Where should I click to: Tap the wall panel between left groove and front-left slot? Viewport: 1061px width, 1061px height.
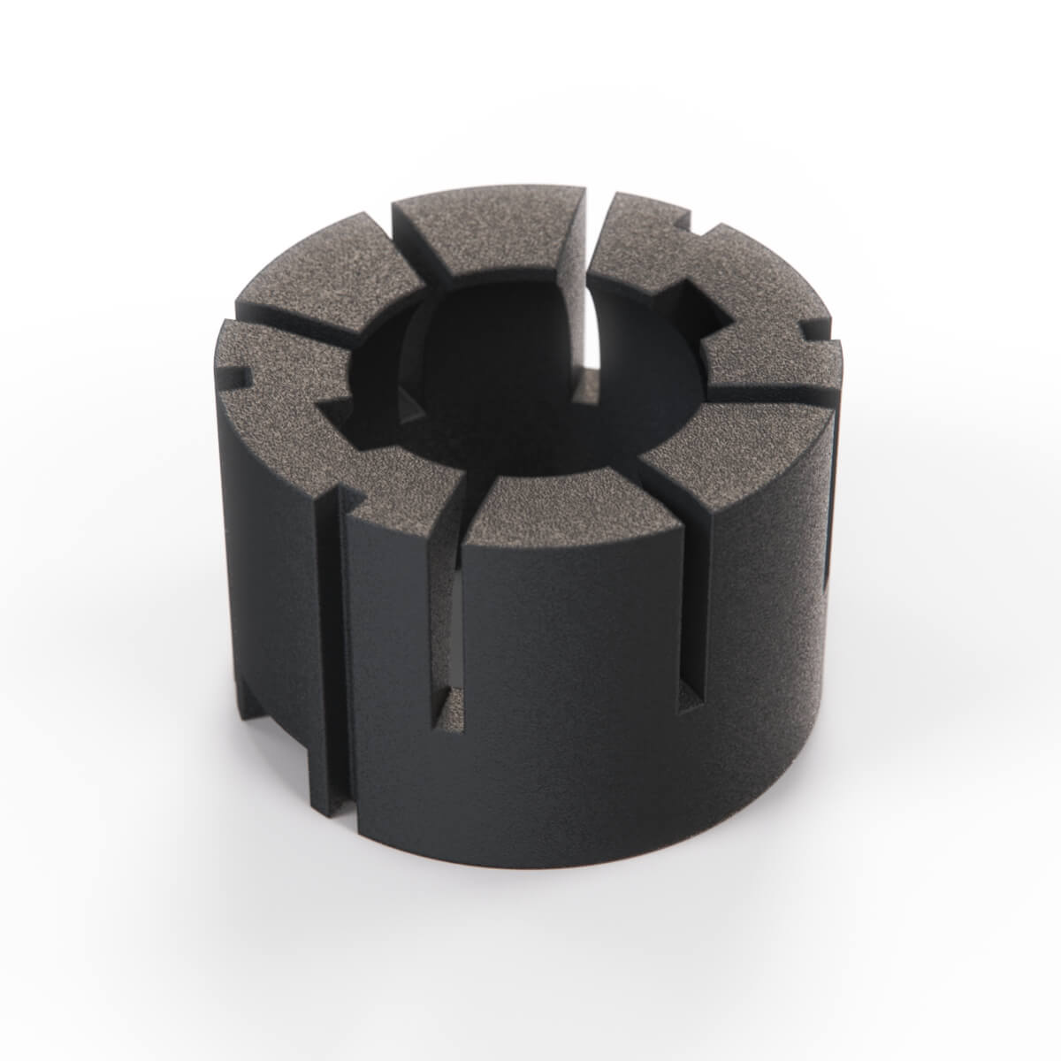(389, 672)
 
